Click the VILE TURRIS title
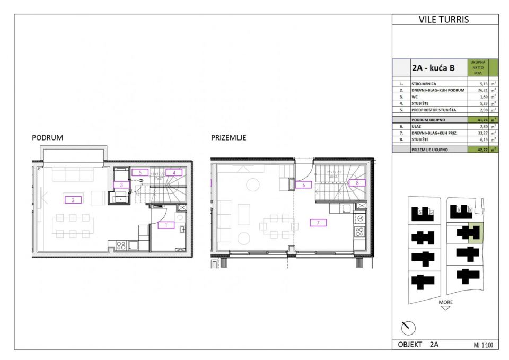(444, 20)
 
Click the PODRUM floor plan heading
(48, 137)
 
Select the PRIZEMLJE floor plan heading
(229, 137)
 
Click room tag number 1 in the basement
(166, 225)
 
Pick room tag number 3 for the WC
(121, 185)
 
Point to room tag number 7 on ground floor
(318, 223)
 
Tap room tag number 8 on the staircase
(357, 182)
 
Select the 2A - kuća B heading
(433, 68)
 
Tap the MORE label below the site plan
(445, 302)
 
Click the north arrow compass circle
(408, 328)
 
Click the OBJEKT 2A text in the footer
(418, 345)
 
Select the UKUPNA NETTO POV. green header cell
(477, 67)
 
